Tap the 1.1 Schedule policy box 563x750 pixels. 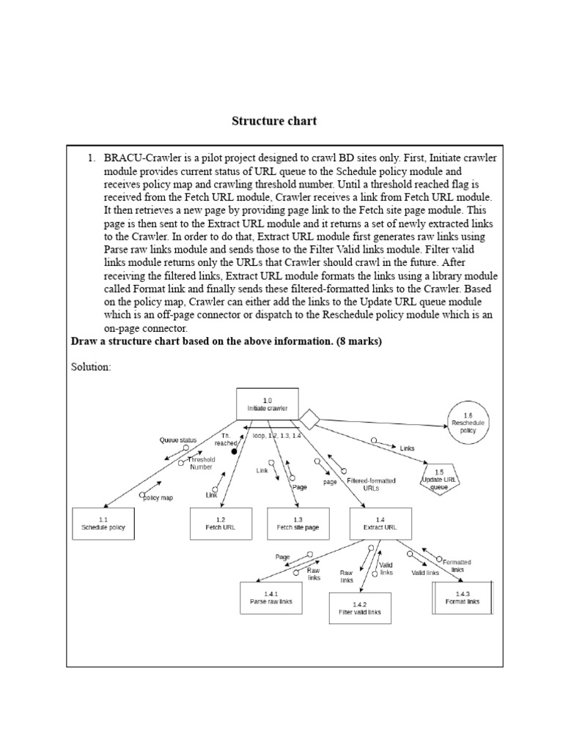[x=103, y=523]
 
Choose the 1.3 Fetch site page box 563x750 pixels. [x=298, y=523]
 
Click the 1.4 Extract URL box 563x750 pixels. [x=381, y=523]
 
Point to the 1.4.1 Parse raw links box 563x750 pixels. [x=271, y=598]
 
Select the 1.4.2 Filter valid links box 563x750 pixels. [x=360, y=608]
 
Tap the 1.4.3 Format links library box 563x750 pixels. [x=463, y=598]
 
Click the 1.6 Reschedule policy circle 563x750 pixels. [x=468, y=423]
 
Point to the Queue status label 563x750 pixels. [x=178, y=440]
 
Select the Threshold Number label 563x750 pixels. [x=202, y=463]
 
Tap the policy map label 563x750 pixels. [x=158, y=497]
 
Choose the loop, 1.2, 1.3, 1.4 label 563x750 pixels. [x=276, y=435]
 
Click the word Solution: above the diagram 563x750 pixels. [x=91, y=367]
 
